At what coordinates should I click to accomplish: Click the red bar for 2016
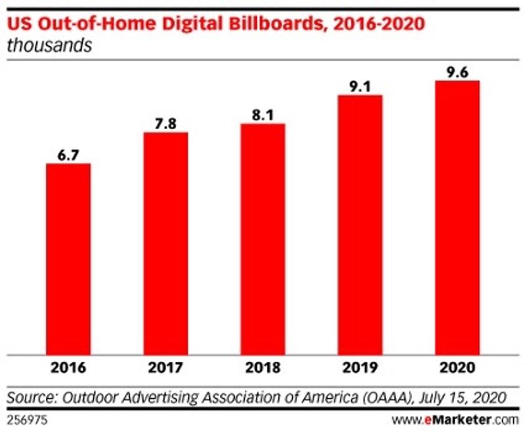[68, 257]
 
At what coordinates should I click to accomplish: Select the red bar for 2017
[165, 241]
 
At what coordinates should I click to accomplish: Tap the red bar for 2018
[262, 237]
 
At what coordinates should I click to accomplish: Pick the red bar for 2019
[360, 223]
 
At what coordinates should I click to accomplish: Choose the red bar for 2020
[457, 216]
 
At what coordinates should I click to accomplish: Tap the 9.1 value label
[360, 85]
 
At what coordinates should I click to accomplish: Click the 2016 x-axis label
[68, 368]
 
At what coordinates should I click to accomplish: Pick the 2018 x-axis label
[262, 368]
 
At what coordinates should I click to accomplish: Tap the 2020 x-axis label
[457, 368]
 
